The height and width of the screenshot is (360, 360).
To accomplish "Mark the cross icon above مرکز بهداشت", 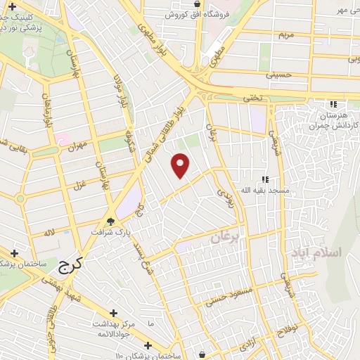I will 113,313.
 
